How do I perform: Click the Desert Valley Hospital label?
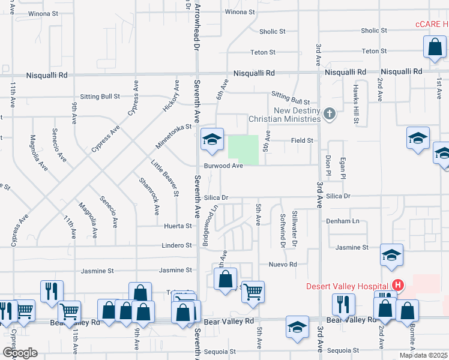click(x=347, y=286)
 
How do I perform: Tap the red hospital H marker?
click(x=396, y=286)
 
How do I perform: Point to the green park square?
click(x=243, y=150)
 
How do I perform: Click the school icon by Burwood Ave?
click(x=211, y=140)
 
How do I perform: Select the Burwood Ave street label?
click(x=223, y=166)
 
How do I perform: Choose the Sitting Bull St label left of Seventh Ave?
click(x=100, y=96)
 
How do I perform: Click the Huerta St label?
click(x=178, y=226)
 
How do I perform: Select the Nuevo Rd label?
click(x=283, y=264)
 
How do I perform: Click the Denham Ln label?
click(x=343, y=221)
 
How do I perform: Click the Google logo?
click(x=20, y=353)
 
